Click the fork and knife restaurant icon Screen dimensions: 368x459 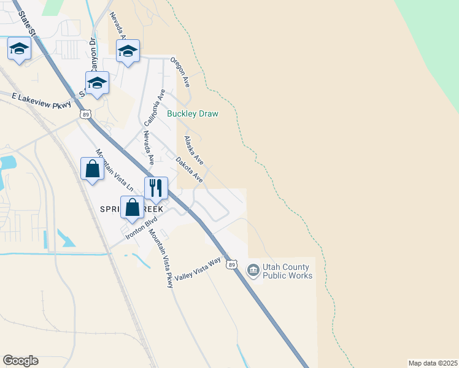156,188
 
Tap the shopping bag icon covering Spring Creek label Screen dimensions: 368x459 133,207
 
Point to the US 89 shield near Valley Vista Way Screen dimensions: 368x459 231,264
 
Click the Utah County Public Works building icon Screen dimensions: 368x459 253,270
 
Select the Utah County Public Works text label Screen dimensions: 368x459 287,271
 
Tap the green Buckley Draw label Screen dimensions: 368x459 193,113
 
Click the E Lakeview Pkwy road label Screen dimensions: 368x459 37,100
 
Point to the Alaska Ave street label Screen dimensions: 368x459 193,150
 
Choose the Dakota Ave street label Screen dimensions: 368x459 188,170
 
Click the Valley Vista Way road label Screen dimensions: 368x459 197,269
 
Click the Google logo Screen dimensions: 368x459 20,361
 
